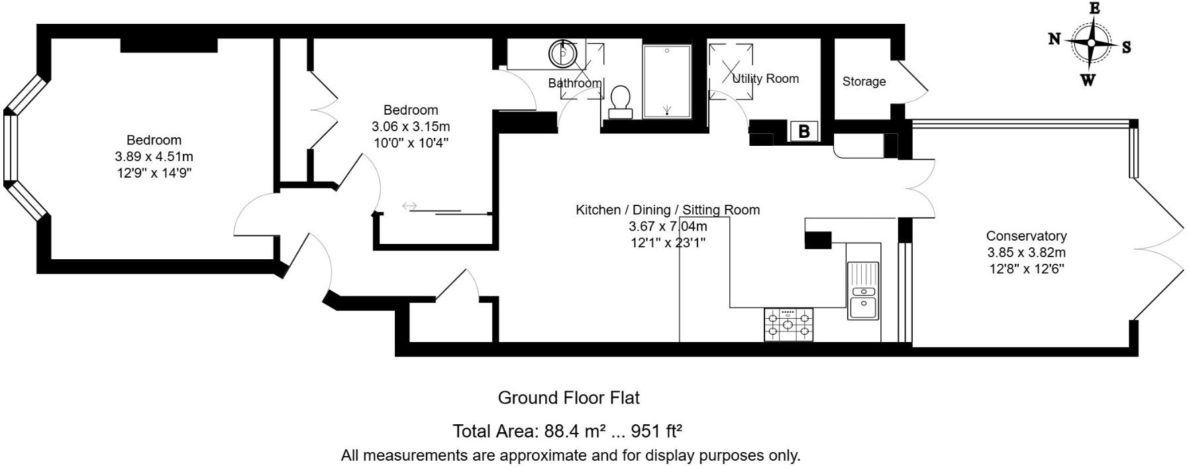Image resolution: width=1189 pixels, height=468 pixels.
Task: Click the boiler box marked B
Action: (804, 131)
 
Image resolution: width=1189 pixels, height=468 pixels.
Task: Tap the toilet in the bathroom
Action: (621, 101)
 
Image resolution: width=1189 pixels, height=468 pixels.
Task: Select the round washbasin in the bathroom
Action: (563, 53)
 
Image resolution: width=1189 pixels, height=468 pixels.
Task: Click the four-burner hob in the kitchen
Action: (788, 325)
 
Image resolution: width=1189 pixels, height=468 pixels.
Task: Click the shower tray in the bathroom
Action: (666, 82)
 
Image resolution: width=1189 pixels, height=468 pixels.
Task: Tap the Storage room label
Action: (864, 82)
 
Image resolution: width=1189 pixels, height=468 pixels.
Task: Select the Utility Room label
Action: (766, 78)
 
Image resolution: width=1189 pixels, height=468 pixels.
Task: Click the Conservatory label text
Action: (1026, 236)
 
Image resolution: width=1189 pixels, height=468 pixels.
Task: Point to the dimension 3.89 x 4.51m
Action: (154, 157)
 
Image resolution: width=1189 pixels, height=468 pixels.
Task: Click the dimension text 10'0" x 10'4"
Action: (410, 143)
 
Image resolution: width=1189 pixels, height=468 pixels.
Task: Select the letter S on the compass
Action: (1126, 47)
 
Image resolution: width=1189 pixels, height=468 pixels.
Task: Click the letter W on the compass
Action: (1088, 81)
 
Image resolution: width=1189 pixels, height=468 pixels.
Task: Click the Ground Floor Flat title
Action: (568, 398)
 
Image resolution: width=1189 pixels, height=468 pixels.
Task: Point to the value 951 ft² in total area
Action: (656, 432)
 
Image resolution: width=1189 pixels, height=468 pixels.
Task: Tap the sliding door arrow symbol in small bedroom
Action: (409, 206)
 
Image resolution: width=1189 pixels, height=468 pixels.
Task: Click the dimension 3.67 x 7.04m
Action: (668, 226)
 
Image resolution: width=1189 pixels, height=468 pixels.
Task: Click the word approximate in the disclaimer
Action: (541, 456)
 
